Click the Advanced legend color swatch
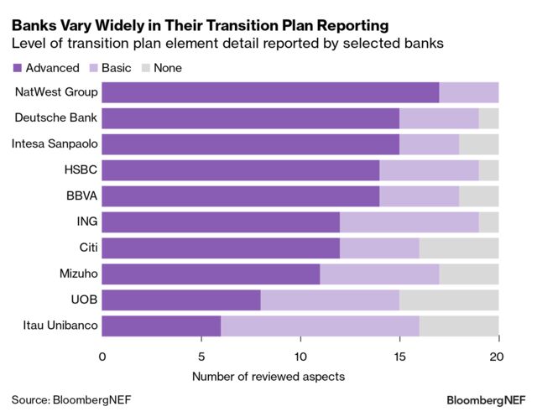coord(17,68)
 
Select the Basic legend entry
coord(117,68)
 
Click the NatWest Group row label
coord(55,92)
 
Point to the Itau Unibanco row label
coord(57,326)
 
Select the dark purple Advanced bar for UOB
coord(181,300)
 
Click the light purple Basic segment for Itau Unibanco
coord(320,326)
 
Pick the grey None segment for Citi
coord(459,248)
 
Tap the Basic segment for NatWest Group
coord(468,92)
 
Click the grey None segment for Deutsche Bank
coord(488,118)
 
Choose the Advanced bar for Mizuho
coord(211,274)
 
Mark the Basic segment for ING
coord(409,222)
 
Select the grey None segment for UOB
coord(449,300)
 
